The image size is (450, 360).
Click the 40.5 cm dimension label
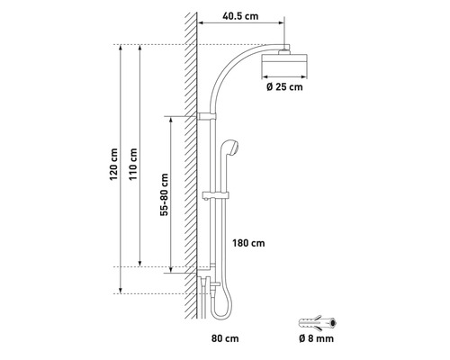click(x=240, y=16)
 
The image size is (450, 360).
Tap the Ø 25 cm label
click(x=284, y=87)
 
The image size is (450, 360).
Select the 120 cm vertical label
click(x=113, y=164)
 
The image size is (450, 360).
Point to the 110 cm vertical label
click(x=133, y=164)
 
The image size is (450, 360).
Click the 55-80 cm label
click(x=165, y=194)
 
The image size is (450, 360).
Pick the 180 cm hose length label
click(x=248, y=243)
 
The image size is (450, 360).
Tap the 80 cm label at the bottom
click(x=225, y=338)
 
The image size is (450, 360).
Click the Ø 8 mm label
click(x=316, y=338)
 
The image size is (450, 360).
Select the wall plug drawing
click(x=318, y=323)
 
